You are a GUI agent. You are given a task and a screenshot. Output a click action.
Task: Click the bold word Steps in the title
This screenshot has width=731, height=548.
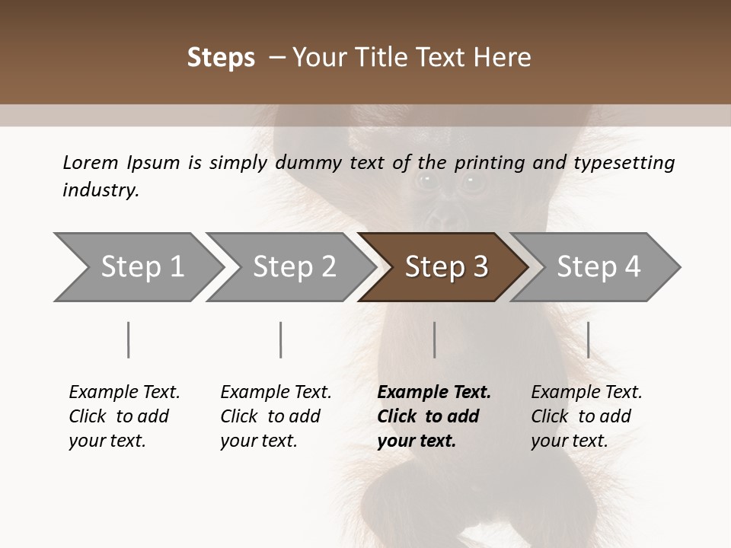coord(221,58)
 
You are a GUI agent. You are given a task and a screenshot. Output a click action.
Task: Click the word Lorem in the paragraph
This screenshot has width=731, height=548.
coord(91,162)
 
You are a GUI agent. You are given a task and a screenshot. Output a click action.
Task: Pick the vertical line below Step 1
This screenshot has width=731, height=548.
coord(128,339)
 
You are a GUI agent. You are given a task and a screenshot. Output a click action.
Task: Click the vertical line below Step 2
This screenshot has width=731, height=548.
coord(280,339)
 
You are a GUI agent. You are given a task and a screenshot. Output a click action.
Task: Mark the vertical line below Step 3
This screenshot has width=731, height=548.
coord(434,339)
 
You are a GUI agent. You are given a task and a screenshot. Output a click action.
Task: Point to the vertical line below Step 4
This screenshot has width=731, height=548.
coord(588,339)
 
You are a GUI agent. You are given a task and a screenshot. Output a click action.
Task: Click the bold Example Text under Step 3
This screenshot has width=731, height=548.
coord(434,393)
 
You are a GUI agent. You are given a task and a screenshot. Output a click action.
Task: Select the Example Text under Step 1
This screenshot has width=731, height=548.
coord(124,393)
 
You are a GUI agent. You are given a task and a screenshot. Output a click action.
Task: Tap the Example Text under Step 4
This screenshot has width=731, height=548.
coord(586,393)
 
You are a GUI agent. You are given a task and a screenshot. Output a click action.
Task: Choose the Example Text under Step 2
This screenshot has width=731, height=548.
coord(276,393)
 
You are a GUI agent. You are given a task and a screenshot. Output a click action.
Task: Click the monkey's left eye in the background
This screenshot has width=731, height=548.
coord(426,180)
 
